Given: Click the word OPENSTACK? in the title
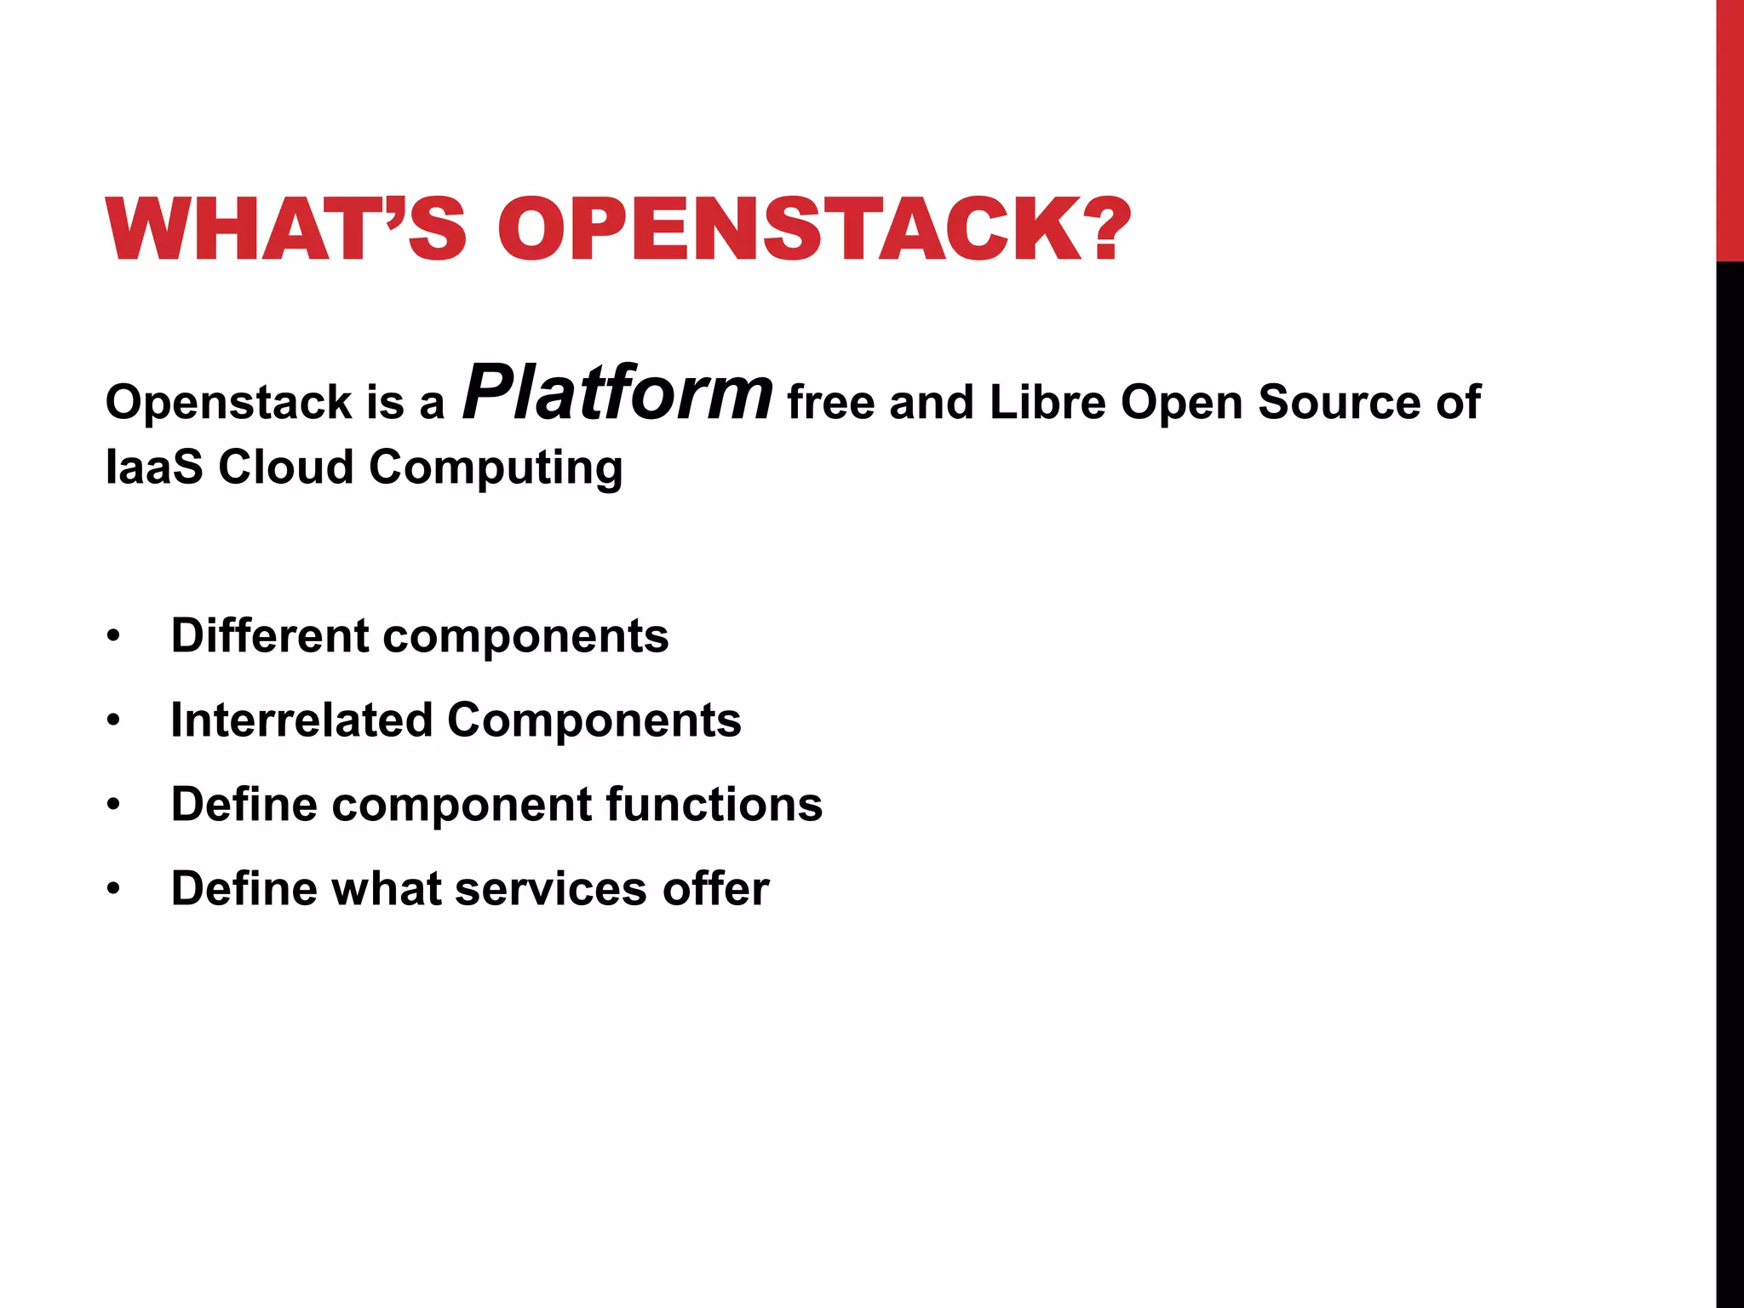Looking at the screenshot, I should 814,230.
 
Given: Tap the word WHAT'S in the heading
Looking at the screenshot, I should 286,230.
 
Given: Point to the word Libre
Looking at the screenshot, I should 1047,402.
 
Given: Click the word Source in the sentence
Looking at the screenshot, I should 1339,402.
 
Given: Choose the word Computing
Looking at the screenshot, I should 496,468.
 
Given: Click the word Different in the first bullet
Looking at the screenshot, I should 269,635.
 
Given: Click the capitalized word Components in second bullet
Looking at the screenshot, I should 594,721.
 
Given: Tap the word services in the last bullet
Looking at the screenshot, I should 551,889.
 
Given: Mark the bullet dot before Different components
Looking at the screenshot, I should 114,637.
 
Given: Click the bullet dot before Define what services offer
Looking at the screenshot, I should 114,890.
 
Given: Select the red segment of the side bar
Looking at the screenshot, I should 1730,128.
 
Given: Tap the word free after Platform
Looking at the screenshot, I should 830,402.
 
